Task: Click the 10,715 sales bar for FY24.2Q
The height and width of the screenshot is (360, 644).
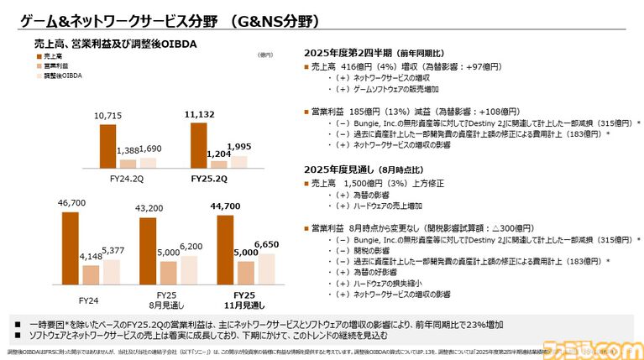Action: [x=108, y=147]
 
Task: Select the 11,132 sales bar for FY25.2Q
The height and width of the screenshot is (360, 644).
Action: [x=198, y=146]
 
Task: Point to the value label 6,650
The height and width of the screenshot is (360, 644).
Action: [x=266, y=245]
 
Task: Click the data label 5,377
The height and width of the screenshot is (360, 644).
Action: [x=114, y=249]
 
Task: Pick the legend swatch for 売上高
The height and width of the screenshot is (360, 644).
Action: [x=39, y=55]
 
